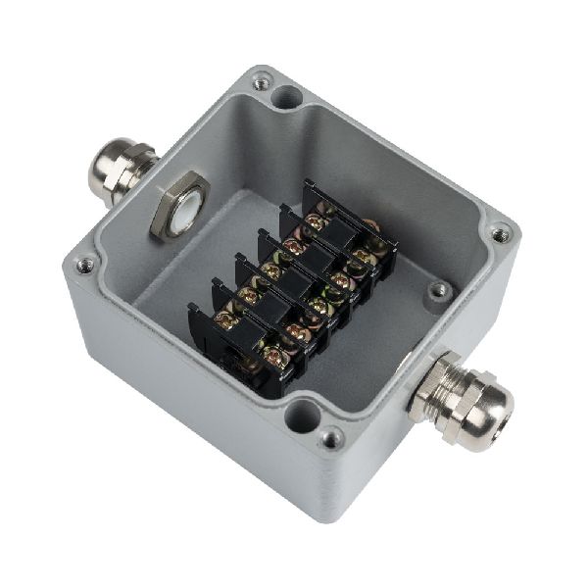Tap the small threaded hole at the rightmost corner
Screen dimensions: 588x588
click(x=501, y=234)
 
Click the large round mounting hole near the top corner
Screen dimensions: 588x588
click(x=288, y=98)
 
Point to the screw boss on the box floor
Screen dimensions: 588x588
click(x=439, y=289)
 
